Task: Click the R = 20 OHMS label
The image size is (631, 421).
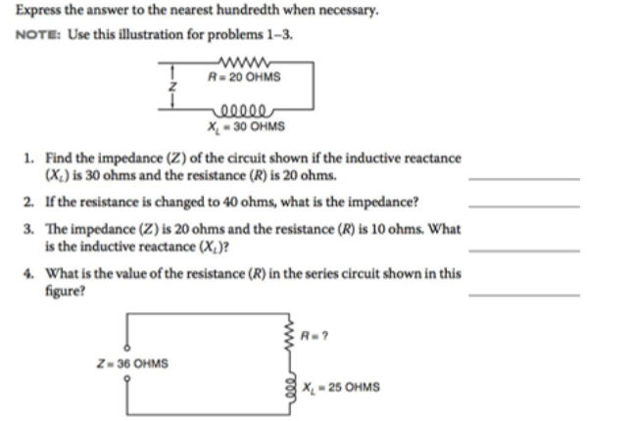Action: click(244, 77)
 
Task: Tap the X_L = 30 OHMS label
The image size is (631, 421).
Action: click(246, 126)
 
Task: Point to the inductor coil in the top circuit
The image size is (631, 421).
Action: click(245, 111)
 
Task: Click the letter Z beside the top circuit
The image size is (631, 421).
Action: click(172, 88)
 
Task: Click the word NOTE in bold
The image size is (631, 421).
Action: click(36, 35)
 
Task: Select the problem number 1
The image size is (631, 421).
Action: click(30, 158)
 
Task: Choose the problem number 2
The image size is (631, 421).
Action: click(30, 202)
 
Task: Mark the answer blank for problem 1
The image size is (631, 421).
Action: click(524, 180)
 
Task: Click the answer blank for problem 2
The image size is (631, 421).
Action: click(524, 207)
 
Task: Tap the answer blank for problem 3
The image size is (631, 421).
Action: click(524, 251)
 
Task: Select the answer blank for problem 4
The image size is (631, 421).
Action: click(524, 295)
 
